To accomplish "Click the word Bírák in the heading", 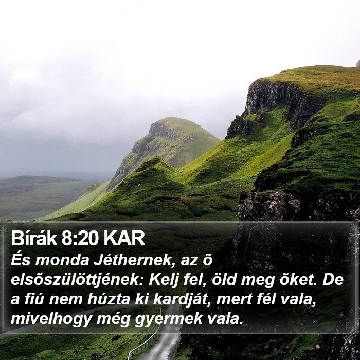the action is pyautogui.click(x=34, y=238).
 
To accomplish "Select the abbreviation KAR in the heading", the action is pyautogui.click(x=124, y=238).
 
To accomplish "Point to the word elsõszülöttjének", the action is pyautogui.click(x=77, y=281).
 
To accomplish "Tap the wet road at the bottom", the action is pyautogui.click(x=165, y=345).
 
